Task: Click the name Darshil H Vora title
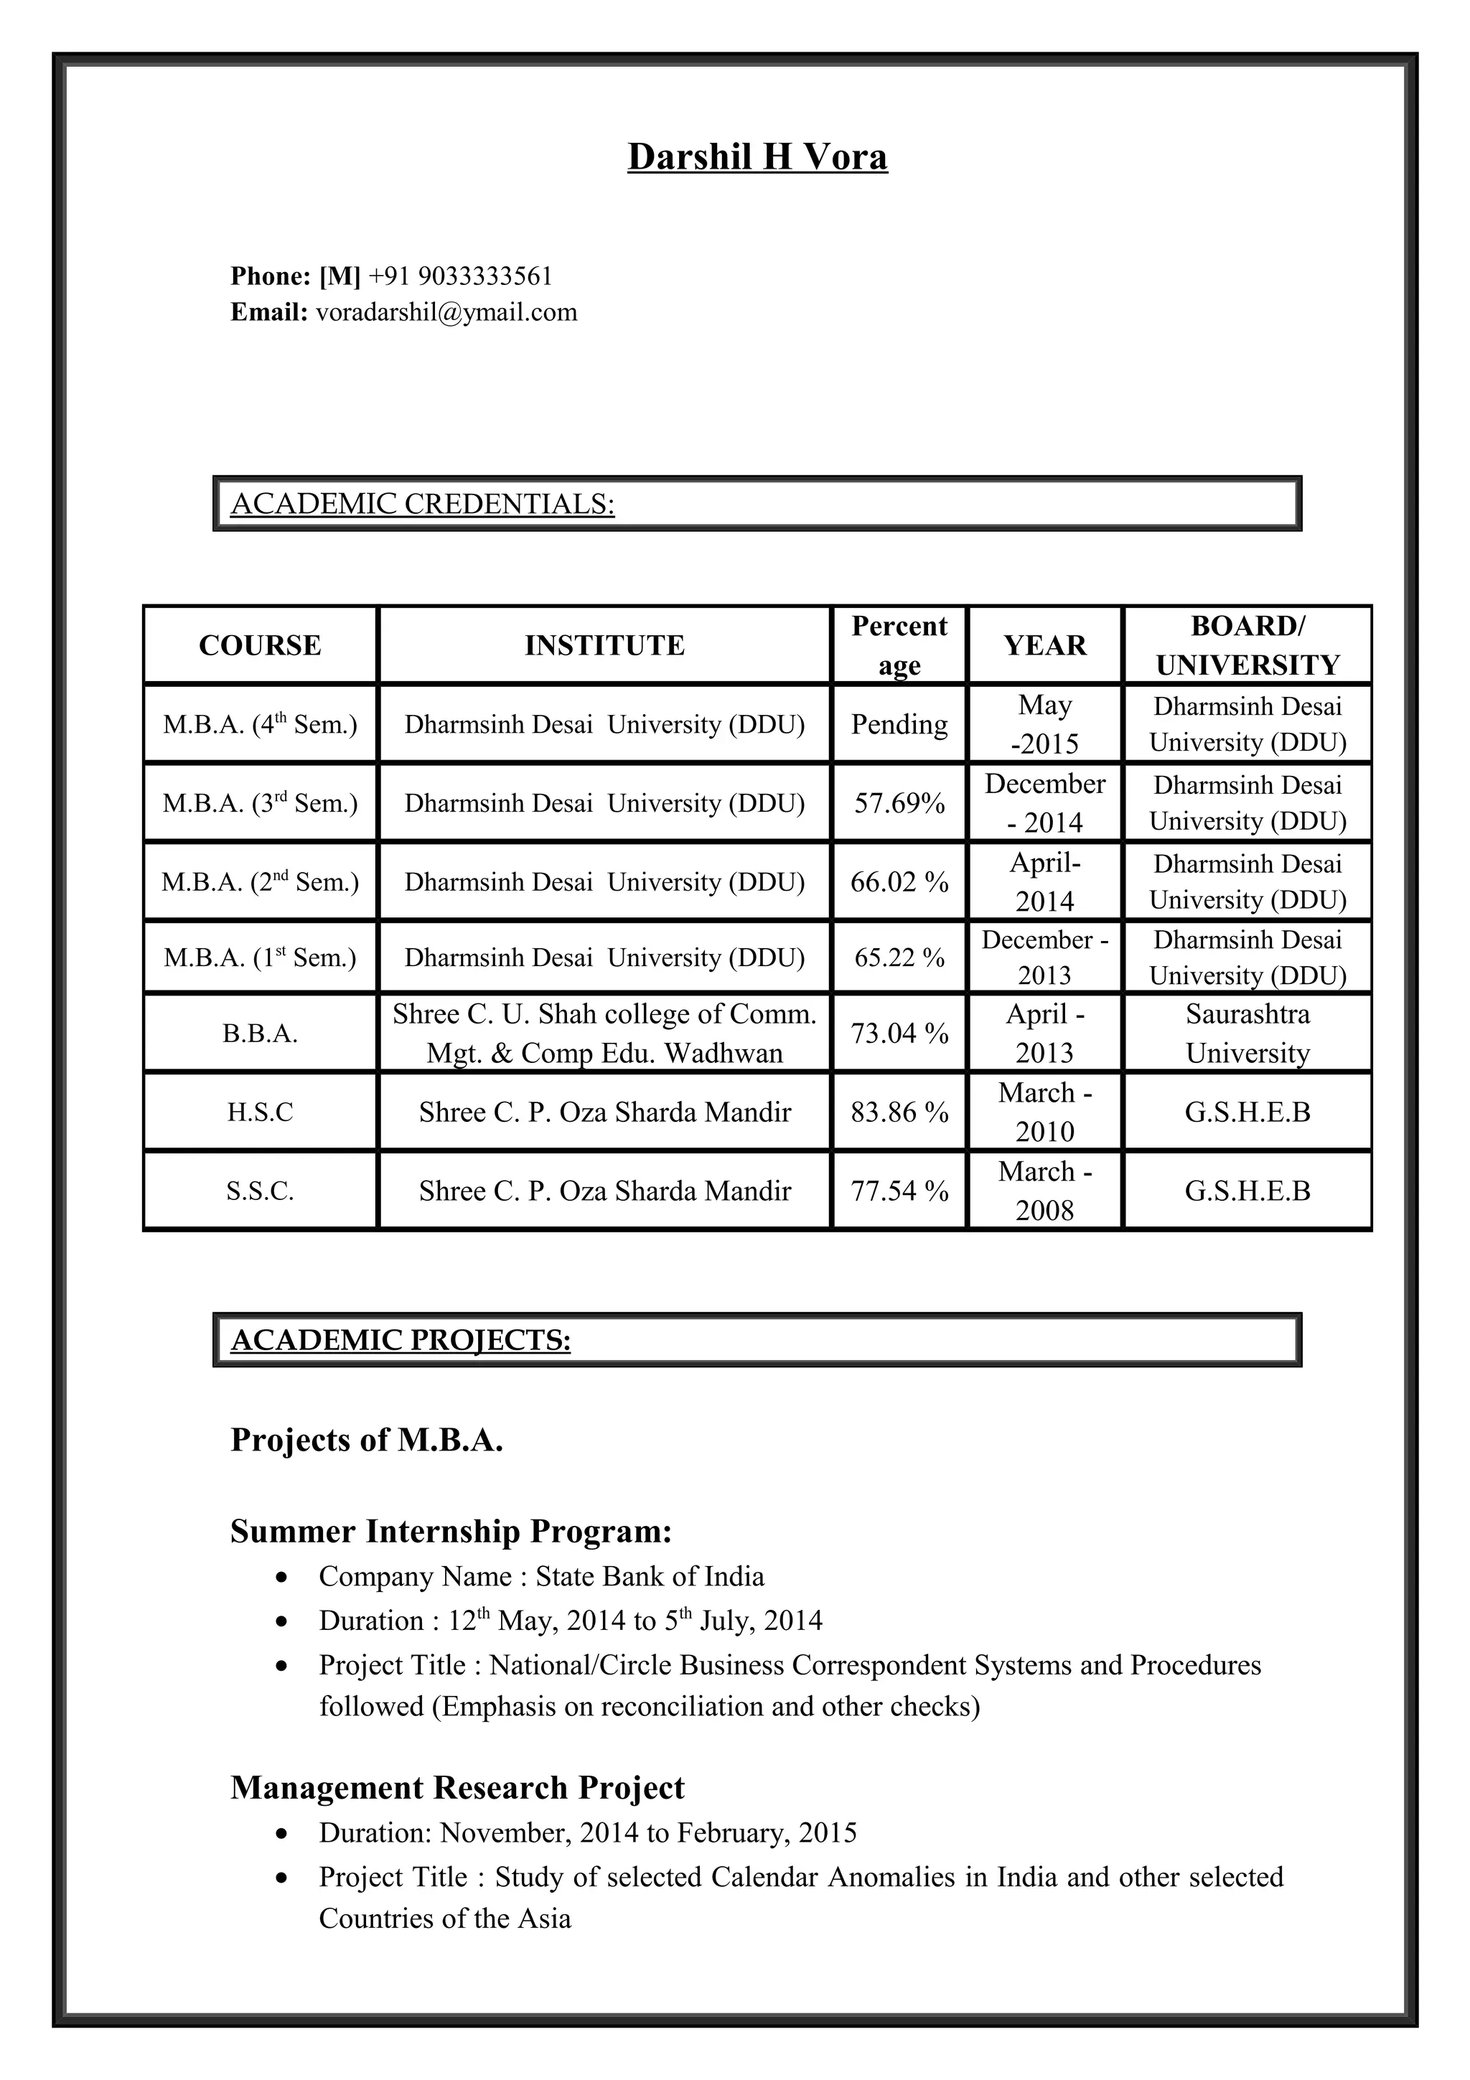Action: tap(757, 156)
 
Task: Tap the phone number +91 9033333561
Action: tap(460, 276)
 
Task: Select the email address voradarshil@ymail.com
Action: tap(446, 312)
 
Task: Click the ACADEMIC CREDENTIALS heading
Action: tap(422, 504)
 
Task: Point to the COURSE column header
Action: tap(260, 645)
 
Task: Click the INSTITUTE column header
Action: tap(604, 645)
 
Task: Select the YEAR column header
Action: tap(1044, 645)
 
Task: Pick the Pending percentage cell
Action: tap(899, 723)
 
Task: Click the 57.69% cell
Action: tap(899, 802)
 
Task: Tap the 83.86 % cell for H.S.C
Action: tap(899, 1112)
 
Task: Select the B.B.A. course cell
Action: tap(260, 1034)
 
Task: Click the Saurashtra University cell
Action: tap(1247, 1033)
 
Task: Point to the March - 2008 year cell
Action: tap(1044, 1191)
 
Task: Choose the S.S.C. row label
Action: tap(260, 1191)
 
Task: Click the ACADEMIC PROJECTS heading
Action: tap(401, 1340)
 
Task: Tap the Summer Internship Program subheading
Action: tap(451, 1531)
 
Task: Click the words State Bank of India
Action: tap(650, 1576)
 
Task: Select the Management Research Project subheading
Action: tap(457, 1787)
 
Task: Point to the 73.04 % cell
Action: tap(899, 1033)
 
